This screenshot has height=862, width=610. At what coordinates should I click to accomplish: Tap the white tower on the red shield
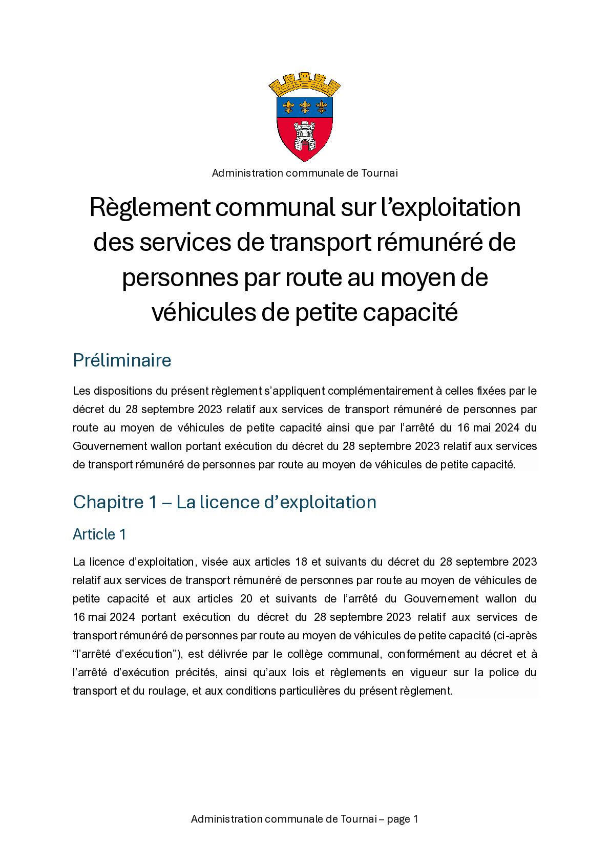305,135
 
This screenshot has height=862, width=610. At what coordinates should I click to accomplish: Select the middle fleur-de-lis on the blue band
305,106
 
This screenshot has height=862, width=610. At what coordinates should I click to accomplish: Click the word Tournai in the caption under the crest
379,173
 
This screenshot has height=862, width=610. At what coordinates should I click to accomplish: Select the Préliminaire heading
122,360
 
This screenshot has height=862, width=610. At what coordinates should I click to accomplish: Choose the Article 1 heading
99,534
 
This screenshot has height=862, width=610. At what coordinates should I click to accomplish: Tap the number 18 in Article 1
301,562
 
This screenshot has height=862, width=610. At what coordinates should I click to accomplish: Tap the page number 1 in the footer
415,819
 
